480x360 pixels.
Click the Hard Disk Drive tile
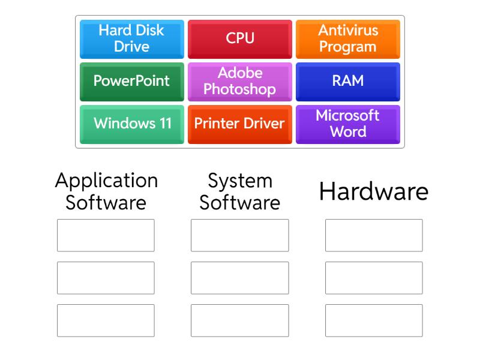point(131,38)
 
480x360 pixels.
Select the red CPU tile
point(240,38)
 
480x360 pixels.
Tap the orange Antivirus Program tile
point(348,38)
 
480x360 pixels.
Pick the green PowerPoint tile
point(131,81)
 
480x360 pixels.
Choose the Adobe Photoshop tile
point(240,81)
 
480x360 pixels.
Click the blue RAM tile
point(348,81)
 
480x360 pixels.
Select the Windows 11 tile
point(131,124)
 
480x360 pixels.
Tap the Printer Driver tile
point(240,124)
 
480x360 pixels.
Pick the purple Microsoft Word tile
point(348,124)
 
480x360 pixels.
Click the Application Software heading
point(106,191)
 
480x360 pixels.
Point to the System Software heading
point(240,191)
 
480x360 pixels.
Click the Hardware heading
point(374,192)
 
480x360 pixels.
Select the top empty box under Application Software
point(106,235)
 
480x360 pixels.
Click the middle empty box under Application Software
point(106,278)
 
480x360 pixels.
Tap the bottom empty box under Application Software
point(106,320)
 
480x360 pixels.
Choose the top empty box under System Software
point(239,235)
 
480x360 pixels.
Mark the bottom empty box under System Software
point(239,320)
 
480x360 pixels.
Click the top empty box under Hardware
point(374,235)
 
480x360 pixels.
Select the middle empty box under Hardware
point(374,278)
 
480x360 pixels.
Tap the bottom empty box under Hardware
point(374,320)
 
